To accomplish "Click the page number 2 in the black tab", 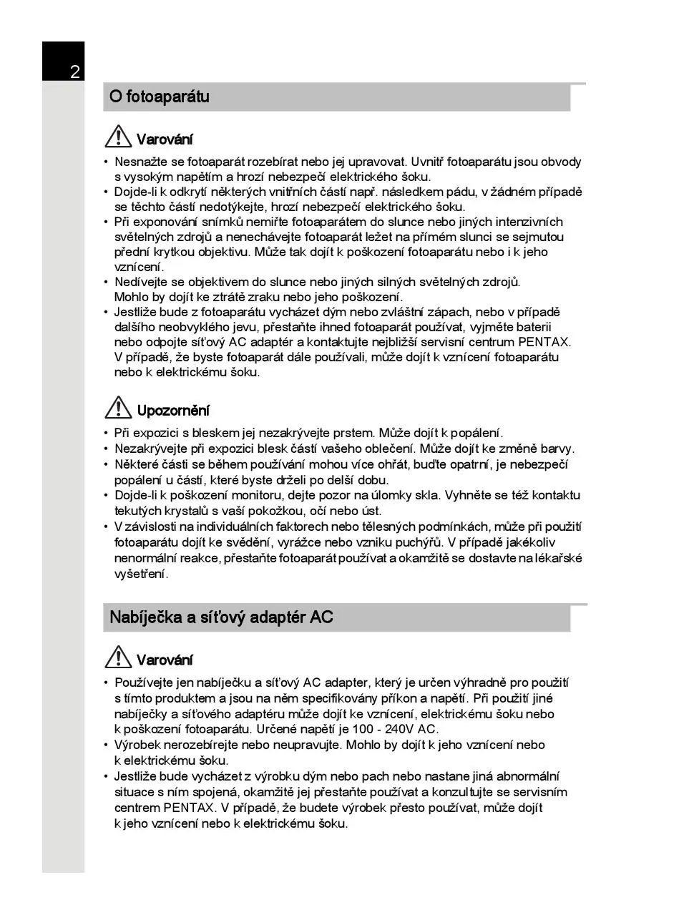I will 74,72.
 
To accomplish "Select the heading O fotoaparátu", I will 160,97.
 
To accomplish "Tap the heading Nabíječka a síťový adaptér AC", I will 221,617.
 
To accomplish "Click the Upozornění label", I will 173,411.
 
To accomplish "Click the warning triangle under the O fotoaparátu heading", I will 117,137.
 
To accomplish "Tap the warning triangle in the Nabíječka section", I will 117,657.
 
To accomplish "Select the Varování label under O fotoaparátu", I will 165,140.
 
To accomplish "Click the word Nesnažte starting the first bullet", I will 139,162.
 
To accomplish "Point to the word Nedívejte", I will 139,282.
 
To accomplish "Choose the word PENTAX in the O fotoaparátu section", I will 544,342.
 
